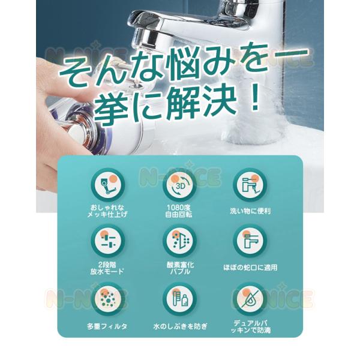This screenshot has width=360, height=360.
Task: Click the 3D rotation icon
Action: click(180, 185)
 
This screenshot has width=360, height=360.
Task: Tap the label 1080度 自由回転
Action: click(179, 211)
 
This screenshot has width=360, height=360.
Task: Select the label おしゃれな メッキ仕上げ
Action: click(107, 211)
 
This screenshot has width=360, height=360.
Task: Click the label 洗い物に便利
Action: click(250, 211)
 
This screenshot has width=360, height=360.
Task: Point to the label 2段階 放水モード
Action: click(107, 268)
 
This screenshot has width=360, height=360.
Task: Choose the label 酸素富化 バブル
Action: click(180, 268)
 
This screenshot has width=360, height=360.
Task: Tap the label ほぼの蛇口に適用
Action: click(250, 268)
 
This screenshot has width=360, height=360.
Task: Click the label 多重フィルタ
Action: click(107, 326)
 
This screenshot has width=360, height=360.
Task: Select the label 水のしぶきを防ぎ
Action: click(180, 326)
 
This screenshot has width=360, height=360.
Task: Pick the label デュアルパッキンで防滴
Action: click(250, 326)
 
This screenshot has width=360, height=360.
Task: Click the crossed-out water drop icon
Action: click(250, 299)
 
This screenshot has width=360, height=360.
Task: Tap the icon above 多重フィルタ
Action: click(108, 299)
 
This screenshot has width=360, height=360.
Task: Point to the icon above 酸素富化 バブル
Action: click(180, 241)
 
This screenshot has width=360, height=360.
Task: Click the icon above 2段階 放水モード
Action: click(108, 241)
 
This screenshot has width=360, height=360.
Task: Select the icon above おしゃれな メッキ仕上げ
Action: click(108, 185)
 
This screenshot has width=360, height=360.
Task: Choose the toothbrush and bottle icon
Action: click(180, 299)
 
